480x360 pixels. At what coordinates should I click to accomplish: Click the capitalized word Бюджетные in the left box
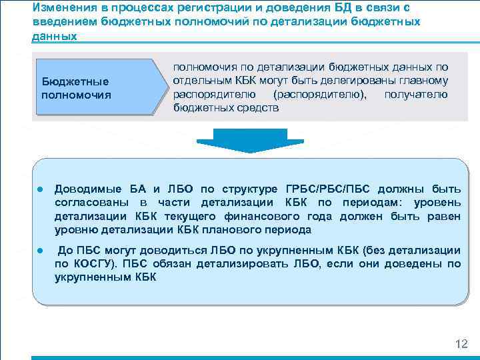pyautogui.click(x=75, y=81)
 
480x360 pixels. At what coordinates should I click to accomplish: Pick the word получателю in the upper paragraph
pyautogui.click(x=415, y=94)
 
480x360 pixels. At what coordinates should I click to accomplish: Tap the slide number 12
pyautogui.click(x=460, y=345)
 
